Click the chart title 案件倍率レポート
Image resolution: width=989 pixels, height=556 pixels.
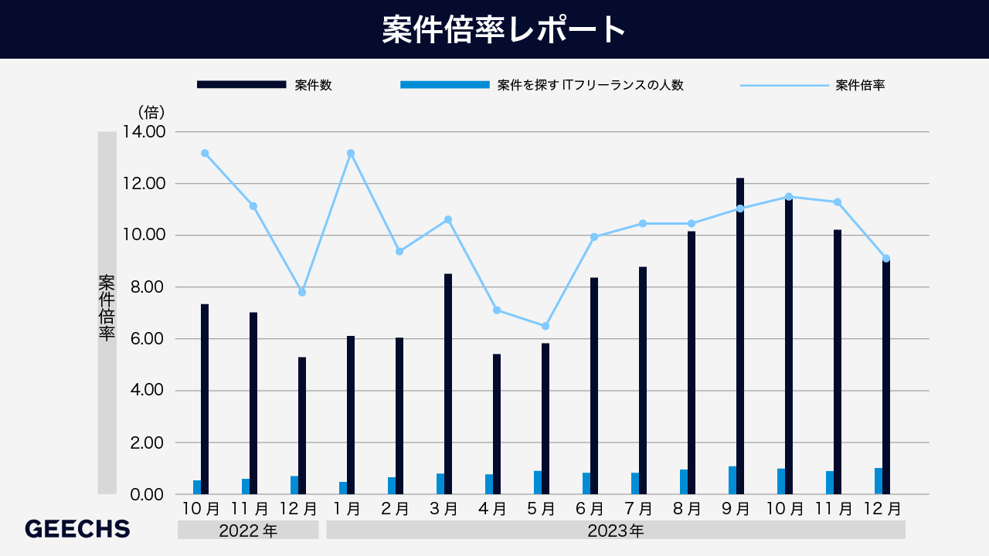494,30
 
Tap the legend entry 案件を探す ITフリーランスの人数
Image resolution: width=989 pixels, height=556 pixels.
542,85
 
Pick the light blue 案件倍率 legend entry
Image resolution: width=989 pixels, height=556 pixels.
812,85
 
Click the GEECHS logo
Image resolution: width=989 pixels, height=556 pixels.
77,529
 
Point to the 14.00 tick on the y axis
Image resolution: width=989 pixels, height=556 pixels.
144,132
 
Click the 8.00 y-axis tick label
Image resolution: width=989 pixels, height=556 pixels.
144,287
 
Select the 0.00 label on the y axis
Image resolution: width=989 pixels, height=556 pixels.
144,494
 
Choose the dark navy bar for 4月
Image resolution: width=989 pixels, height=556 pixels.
497,424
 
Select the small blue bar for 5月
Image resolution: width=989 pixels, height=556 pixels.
538,483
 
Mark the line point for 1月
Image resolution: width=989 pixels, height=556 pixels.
351,153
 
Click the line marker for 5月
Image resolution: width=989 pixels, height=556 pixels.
545,326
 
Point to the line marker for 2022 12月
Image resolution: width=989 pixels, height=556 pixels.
302,292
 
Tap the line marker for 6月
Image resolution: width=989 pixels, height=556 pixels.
594,237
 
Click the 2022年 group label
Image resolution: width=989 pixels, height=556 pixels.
248,531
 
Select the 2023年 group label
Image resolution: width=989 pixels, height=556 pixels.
615,531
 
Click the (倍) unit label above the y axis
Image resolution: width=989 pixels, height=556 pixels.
151,113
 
